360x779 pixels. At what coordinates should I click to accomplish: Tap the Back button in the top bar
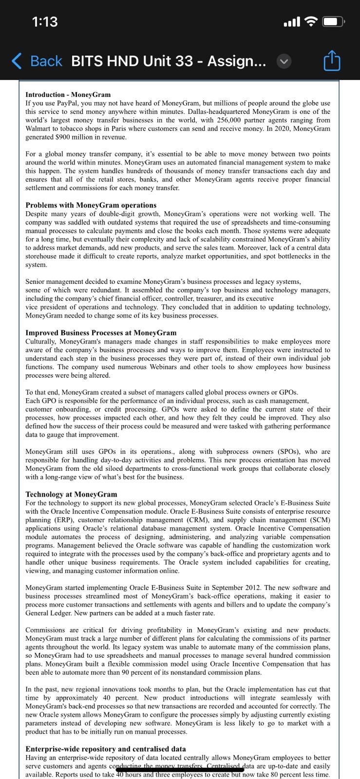(37, 61)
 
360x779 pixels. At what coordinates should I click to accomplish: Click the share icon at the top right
(332, 61)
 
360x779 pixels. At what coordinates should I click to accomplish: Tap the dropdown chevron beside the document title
(284, 61)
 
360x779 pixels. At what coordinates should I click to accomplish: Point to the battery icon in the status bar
(334, 21)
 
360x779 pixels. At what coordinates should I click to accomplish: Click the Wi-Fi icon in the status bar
(310, 21)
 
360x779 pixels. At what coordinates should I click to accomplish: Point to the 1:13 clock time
(44, 21)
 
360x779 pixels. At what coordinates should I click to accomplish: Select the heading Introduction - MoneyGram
(68, 94)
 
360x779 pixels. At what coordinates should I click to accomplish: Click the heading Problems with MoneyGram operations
(91, 205)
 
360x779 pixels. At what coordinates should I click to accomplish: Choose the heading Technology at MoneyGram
(71, 494)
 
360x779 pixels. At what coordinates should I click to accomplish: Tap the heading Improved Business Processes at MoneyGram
(101, 333)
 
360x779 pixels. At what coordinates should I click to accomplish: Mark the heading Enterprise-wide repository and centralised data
(105, 749)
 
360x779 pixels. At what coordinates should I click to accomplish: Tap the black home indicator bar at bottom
(180, 770)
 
